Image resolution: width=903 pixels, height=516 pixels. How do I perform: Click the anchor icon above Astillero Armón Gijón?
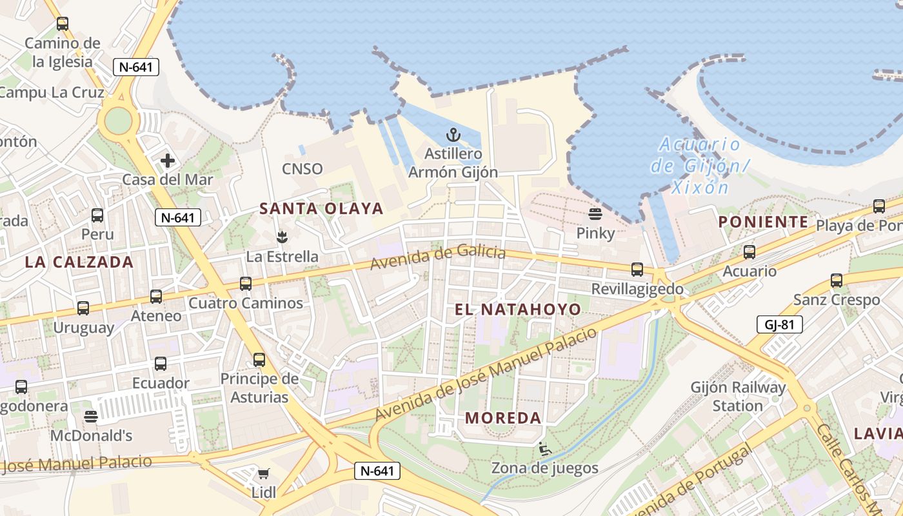(x=453, y=135)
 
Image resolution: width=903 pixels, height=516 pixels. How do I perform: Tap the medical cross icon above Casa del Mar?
(x=168, y=161)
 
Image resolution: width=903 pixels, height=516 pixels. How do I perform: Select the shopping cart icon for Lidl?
(x=263, y=474)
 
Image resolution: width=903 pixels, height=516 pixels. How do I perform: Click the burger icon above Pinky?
(x=595, y=213)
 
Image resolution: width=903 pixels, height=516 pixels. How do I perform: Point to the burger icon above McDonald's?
(x=91, y=417)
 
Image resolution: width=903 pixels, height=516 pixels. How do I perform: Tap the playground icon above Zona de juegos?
(x=544, y=448)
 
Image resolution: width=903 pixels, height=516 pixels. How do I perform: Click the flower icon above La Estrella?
(x=281, y=237)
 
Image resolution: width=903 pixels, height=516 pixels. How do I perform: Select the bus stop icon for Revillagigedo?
(x=637, y=269)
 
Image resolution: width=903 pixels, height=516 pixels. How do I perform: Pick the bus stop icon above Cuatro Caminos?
(x=245, y=283)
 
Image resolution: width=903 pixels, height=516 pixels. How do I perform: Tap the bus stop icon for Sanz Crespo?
(x=837, y=281)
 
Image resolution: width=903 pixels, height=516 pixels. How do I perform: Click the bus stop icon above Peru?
(x=97, y=215)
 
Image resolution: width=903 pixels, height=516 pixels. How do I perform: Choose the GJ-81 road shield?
(x=779, y=324)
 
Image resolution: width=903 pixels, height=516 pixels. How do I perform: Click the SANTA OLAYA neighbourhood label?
(x=321, y=208)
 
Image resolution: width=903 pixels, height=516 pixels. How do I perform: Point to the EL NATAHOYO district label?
(x=518, y=310)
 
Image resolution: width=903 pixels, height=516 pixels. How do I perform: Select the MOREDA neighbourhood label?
(x=503, y=418)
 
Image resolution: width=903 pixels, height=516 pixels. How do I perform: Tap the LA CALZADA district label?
(x=79, y=262)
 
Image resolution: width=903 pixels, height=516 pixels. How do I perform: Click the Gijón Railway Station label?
(x=738, y=397)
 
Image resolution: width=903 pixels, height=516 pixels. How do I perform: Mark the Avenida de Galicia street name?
(x=437, y=256)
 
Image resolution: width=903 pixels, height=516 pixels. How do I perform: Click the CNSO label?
(x=302, y=169)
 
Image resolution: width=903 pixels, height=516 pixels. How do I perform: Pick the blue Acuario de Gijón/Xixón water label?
(x=700, y=166)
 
